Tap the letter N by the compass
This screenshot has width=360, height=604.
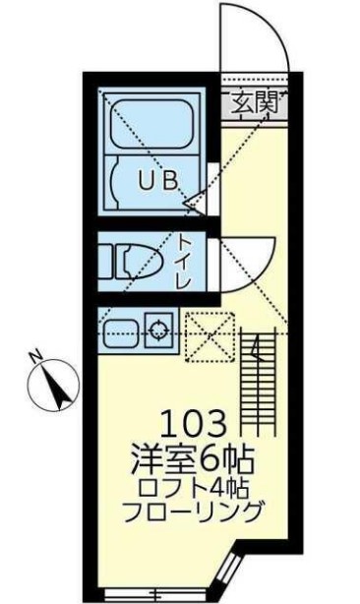pyautogui.click(x=34, y=357)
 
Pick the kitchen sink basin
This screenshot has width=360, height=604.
pyautogui.click(x=121, y=327)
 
